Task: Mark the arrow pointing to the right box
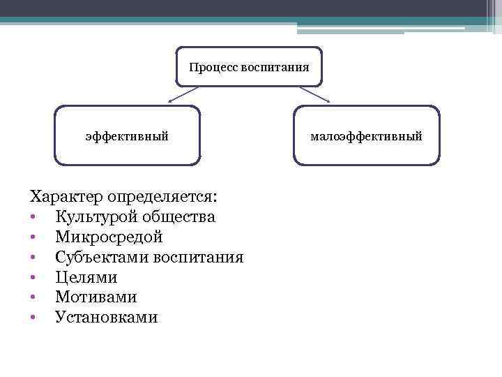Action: (316, 96)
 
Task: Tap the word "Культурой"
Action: (100, 218)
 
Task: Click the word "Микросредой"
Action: (109, 238)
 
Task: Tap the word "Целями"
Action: (86, 278)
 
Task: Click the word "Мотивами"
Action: (96, 297)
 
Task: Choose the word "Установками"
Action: (107, 318)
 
